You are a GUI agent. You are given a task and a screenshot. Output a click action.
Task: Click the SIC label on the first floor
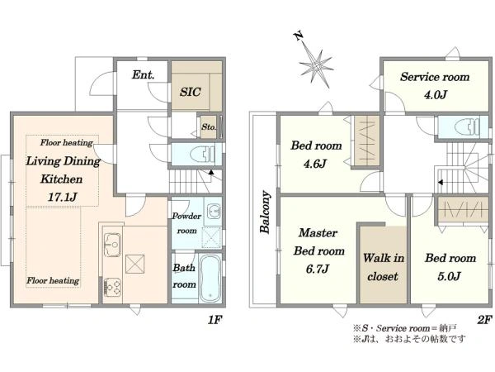click(x=191, y=92)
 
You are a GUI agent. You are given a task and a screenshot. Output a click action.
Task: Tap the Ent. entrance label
click(x=144, y=75)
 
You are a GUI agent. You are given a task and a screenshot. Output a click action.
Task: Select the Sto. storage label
click(x=209, y=126)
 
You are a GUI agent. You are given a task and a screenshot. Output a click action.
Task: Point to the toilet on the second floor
click(x=467, y=127)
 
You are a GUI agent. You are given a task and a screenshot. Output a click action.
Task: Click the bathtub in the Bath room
click(x=210, y=279)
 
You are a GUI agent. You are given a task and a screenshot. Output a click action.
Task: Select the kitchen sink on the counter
click(x=112, y=245)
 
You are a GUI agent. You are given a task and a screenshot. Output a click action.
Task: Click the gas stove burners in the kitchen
click(x=112, y=287)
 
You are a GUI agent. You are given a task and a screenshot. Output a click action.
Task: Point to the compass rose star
click(x=316, y=66)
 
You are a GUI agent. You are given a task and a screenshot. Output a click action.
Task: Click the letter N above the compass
click(x=299, y=36)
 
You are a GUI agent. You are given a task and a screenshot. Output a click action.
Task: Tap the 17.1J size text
click(x=63, y=198)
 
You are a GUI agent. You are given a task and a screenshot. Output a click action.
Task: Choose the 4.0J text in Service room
click(x=436, y=94)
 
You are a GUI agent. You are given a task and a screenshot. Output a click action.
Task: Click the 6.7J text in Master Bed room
click(x=318, y=269)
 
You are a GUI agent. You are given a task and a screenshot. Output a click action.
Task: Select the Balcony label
click(x=265, y=212)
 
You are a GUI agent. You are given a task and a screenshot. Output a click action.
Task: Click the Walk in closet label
click(x=384, y=267)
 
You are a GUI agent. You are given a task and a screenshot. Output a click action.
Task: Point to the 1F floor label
click(x=215, y=320)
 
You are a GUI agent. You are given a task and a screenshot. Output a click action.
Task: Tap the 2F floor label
click(x=484, y=320)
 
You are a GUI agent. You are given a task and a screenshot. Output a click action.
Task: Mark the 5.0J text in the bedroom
click(x=450, y=276)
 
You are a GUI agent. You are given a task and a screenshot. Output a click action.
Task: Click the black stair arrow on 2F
click(x=441, y=183)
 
